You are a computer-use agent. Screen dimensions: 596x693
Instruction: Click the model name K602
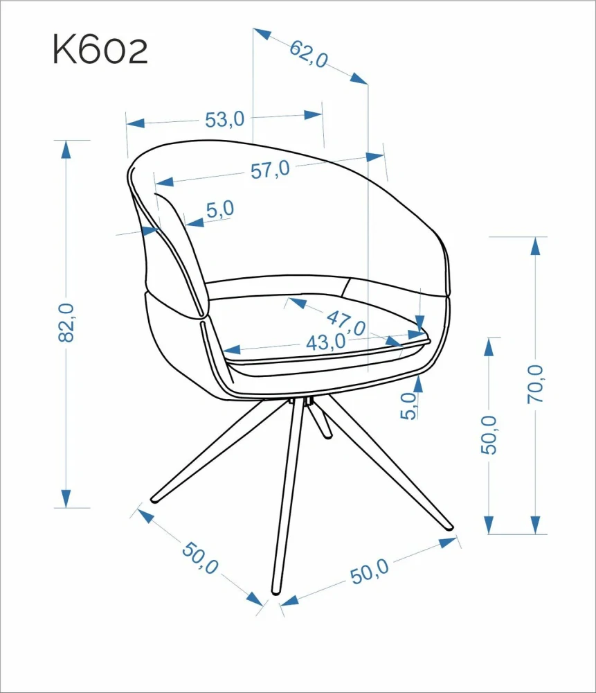point(100,49)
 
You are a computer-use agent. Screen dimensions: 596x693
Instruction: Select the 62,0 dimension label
point(309,53)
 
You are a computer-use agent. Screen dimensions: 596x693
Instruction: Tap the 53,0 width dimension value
point(224,119)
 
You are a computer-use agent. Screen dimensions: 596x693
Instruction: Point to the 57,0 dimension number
point(270,170)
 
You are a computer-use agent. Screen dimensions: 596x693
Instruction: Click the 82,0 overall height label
point(66,323)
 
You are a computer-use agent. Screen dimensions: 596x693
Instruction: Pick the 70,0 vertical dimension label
point(536,384)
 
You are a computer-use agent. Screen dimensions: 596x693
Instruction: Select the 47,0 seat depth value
point(346,323)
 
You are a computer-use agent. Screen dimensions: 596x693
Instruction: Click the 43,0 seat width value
point(326,342)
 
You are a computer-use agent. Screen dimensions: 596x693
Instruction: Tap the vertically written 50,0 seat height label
point(489,435)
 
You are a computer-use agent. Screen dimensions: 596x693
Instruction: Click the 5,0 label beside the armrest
point(220,209)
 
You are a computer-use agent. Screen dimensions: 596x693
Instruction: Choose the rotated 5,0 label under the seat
point(408,405)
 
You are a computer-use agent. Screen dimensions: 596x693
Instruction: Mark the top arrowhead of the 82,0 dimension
point(66,150)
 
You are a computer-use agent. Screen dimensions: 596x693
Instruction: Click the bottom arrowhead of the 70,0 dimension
point(536,525)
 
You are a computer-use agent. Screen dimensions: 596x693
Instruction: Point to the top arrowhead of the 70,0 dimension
point(536,246)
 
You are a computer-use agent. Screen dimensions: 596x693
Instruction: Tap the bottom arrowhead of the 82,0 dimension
point(66,498)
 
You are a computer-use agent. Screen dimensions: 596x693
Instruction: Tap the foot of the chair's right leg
point(449,526)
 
